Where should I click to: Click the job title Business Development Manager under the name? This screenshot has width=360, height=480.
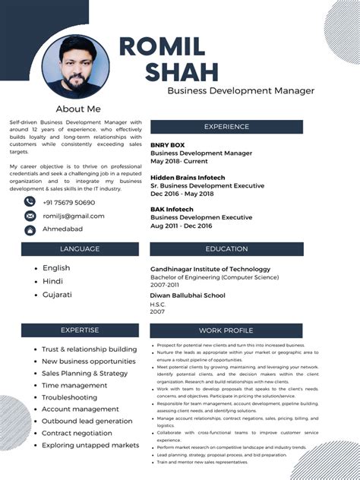[240, 91]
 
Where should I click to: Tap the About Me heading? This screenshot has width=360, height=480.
[77, 109]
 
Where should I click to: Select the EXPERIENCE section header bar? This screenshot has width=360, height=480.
[226, 127]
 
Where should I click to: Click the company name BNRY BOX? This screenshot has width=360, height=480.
[167, 144]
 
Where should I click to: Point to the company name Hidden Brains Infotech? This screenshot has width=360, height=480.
[188, 177]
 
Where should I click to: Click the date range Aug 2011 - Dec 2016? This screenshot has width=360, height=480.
[181, 226]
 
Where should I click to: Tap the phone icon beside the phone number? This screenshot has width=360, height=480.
[30, 202]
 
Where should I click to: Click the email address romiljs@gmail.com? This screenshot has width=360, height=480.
[74, 216]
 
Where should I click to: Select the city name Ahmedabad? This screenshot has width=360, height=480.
[63, 229]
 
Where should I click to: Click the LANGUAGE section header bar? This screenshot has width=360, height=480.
[80, 249]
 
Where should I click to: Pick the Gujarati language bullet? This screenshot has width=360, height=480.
[57, 295]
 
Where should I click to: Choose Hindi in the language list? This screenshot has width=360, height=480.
[52, 281]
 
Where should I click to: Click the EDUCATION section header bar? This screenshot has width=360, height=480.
[226, 249]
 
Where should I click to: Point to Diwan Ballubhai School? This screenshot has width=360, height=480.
[188, 295]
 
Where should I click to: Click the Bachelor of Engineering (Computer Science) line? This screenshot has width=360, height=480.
[214, 277]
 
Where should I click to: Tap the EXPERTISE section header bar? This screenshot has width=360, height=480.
[80, 330]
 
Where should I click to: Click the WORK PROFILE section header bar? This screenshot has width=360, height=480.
[226, 330]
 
